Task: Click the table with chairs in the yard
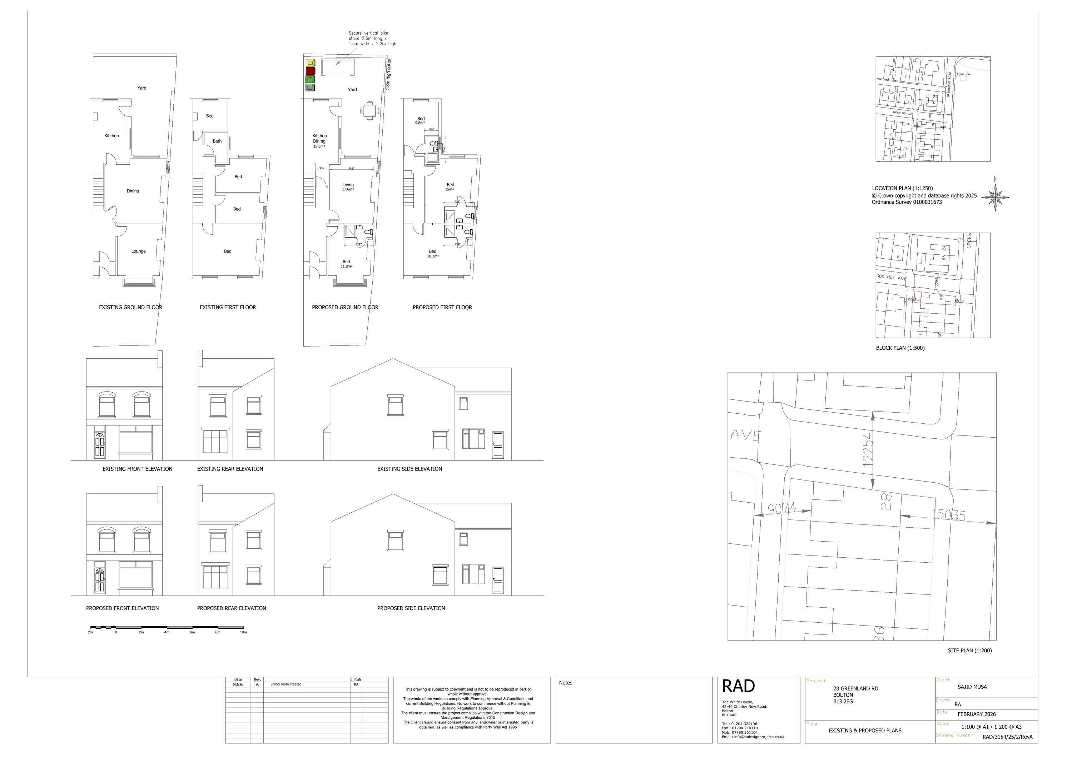(x=369, y=111)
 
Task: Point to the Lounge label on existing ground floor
(x=138, y=251)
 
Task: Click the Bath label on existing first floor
(x=217, y=141)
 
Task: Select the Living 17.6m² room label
(x=348, y=187)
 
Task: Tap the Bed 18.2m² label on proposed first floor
(x=433, y=253)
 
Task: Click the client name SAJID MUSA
(x=972, y=687)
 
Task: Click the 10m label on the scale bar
(x=243, y=632)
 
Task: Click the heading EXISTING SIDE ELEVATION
(x=410, y=469)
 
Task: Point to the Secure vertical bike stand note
(x=372, y=38)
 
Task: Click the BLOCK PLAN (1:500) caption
(x=900, y=348)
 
